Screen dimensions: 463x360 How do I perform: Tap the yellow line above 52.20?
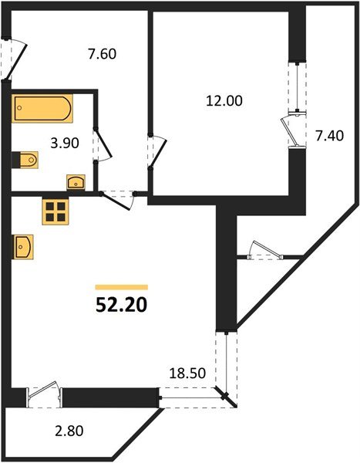click(120, 286)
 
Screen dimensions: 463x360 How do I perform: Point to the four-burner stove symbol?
click(56, 211)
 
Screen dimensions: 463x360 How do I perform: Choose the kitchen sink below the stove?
click(22, 247)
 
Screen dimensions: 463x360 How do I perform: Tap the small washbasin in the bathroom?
click(77, 182)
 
